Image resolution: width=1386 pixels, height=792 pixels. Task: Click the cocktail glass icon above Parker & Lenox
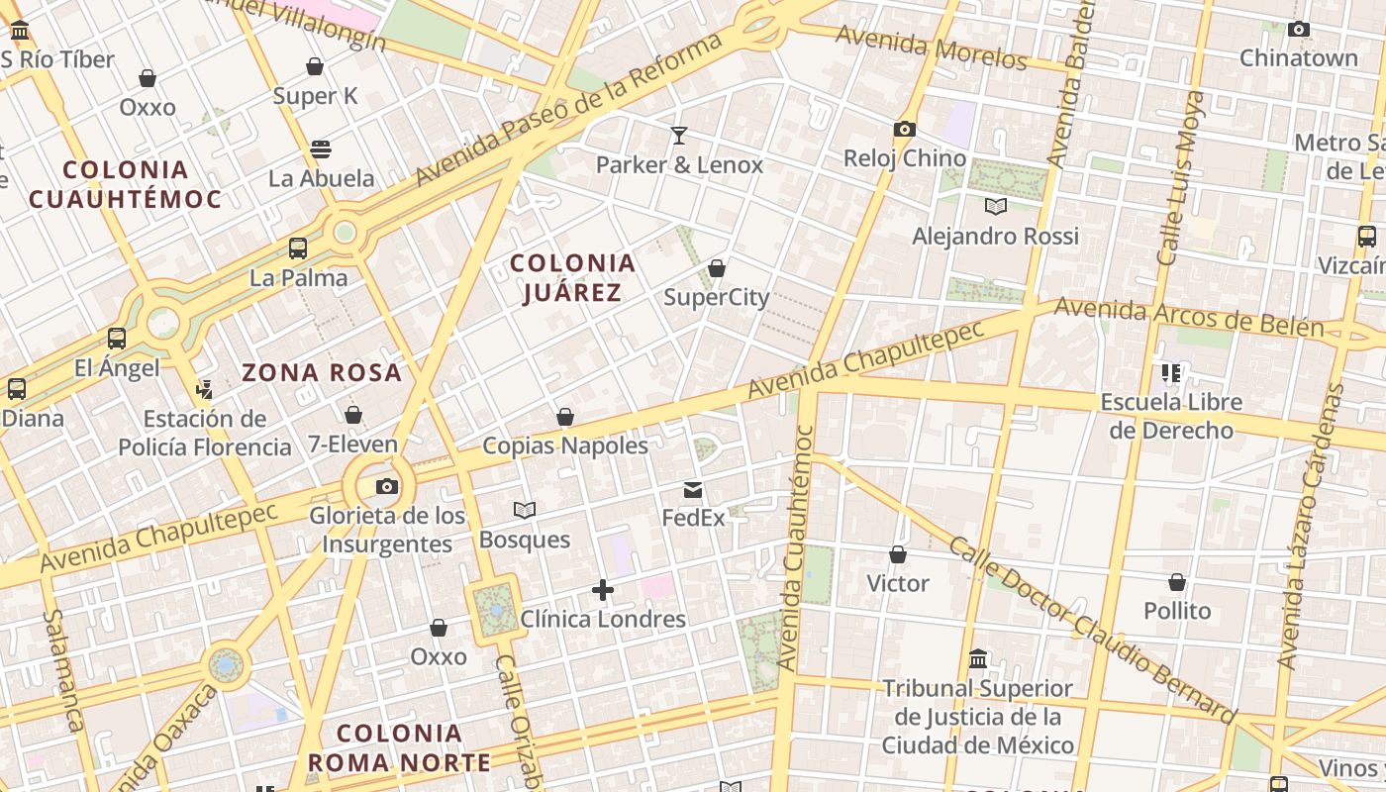[679, 135]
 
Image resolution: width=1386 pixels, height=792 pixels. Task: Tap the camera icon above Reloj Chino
[904, 129]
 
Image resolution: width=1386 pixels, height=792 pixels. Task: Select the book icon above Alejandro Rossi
[995, 206]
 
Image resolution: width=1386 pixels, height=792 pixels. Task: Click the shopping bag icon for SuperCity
[717, 268]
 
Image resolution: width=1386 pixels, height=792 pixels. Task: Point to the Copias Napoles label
[565, 445]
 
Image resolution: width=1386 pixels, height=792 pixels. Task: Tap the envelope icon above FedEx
[693, 489]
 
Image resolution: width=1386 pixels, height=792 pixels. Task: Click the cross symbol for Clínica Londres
[602, 591]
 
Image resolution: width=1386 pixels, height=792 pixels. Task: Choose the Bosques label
[525, 540]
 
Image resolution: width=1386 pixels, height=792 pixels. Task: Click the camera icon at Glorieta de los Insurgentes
[387, 486]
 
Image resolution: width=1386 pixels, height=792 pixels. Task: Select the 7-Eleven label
[352, 445]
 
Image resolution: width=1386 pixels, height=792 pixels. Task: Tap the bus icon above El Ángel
[117, 339]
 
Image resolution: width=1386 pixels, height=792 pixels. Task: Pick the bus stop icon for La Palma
[298, 248]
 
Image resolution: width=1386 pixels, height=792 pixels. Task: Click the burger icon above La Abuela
[320, 149]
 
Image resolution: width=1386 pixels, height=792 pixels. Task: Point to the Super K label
[315, 96]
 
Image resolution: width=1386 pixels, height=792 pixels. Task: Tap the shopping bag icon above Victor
[898, 554]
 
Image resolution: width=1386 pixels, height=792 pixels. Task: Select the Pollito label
[1177, 611]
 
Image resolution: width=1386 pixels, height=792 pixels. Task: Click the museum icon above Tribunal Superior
[978, 658]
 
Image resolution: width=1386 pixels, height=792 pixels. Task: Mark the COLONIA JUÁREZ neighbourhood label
[572, 277]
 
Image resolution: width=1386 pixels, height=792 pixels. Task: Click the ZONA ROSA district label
[322, 373]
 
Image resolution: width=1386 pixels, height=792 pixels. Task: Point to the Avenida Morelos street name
[932, 48]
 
